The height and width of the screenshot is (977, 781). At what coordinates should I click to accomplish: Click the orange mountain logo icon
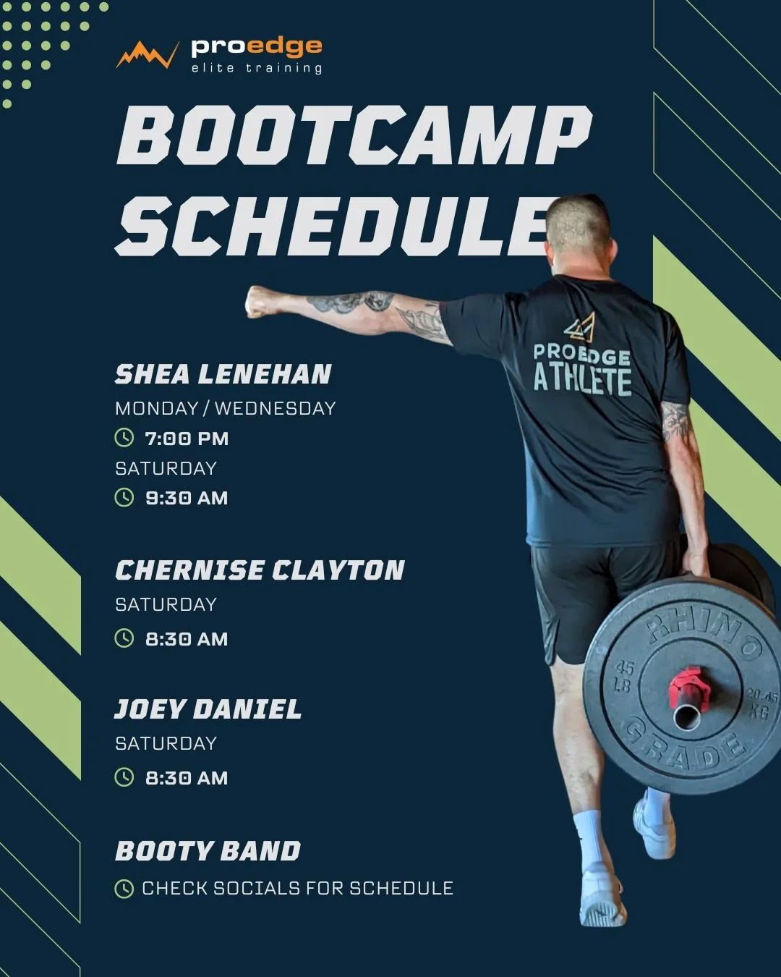click(x=147, y=55)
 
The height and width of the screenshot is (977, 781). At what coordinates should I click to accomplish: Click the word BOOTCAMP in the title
click(x=354, y=135)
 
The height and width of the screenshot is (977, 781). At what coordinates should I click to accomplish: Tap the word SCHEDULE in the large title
click(x=333, y=226)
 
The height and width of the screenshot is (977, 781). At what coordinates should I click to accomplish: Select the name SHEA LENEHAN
click(x=223, y=374)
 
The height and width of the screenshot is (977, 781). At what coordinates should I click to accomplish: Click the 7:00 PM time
click(x=187, y=439)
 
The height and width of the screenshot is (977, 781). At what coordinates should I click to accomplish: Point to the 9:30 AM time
click(x=187, y=498)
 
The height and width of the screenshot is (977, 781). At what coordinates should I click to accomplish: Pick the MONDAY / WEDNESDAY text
click(x=225, y=408)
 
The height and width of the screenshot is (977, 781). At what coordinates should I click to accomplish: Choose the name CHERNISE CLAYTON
click(x=260, y=570)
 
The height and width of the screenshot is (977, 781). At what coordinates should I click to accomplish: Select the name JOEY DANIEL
click(x=208, y=709)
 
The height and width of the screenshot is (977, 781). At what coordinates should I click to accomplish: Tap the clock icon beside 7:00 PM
click(x=124, y=438)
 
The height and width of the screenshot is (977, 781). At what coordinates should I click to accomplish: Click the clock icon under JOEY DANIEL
click(x=124, y=777)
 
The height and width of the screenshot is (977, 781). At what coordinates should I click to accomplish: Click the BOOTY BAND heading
click(x=208, y=851)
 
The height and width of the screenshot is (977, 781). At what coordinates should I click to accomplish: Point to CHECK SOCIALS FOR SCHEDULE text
click(x=297, y=888)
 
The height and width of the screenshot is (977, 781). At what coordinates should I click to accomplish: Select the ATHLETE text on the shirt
click(x=582, y=379)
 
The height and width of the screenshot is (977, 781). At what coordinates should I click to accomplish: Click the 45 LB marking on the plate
click(x=623, y=676)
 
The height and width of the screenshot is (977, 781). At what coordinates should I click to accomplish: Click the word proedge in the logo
click(x=256, y=47)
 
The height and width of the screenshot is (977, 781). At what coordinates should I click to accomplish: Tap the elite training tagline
click(x=256, y=68)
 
